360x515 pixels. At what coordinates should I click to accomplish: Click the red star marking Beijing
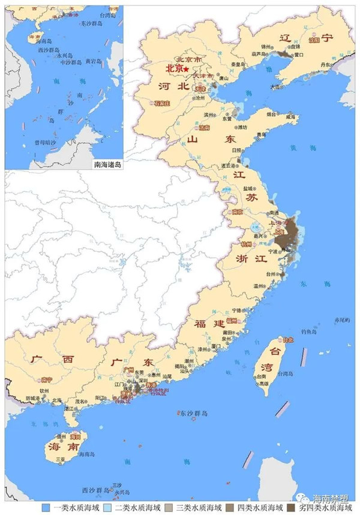(x=187, y=71)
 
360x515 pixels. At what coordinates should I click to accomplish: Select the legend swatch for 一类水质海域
(x=45, y=507)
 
